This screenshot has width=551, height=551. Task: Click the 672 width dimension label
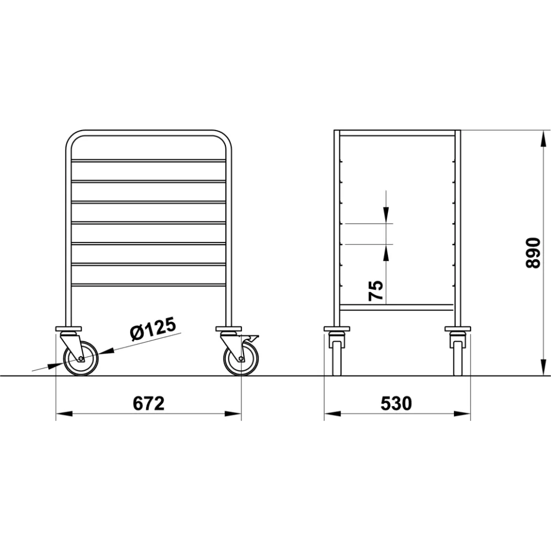coord(149,403)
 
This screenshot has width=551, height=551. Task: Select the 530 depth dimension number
coord(396,403)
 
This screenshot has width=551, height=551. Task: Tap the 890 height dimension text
coord(533,253)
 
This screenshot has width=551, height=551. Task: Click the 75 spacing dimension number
coord(375,290)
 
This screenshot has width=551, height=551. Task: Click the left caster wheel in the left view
coord(80,359)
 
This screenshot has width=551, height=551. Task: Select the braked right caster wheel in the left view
coord(241,359)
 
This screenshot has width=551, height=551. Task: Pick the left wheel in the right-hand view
coord(337,361)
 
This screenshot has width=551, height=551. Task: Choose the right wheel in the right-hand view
coord(457,361)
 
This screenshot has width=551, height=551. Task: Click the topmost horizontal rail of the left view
coord(149,160)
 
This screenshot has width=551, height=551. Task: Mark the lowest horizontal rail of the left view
coord(149,285)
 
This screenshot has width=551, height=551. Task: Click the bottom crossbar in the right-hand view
coord(397,307)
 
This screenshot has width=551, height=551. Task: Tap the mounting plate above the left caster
coord(68,329)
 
